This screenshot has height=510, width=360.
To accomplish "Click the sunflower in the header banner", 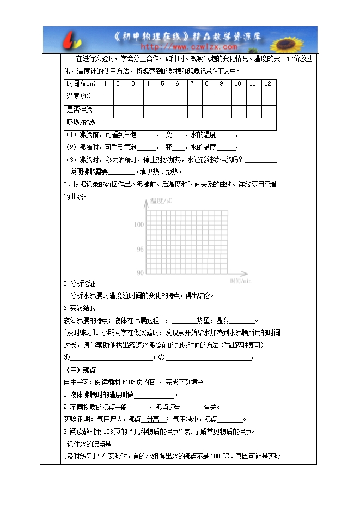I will tap(298, 40).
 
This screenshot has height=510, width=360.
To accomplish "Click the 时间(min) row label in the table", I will tap(81, 84).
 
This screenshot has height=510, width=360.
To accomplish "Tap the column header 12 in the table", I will tap(267, 84).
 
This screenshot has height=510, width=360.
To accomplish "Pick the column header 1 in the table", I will tap(104, 84).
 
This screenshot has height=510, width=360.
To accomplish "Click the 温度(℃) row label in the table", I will tap(78, 96).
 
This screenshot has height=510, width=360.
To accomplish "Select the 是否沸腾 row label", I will tap(79, 110).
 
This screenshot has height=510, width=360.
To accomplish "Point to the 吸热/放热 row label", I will tap(81, 123).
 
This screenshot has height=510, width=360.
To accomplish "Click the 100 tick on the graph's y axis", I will tap(138, 224).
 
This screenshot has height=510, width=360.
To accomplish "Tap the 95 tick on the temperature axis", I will tap(140, 249).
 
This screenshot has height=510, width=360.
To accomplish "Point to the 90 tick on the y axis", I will tap(140, 272).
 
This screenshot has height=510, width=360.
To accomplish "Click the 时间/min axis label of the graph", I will tap(240, 281).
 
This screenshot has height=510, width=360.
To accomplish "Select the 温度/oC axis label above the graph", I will tap(161, 202).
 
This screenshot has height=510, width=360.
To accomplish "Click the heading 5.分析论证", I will tap(80, 284).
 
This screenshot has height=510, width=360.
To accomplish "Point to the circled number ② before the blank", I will tap(161, 357).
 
